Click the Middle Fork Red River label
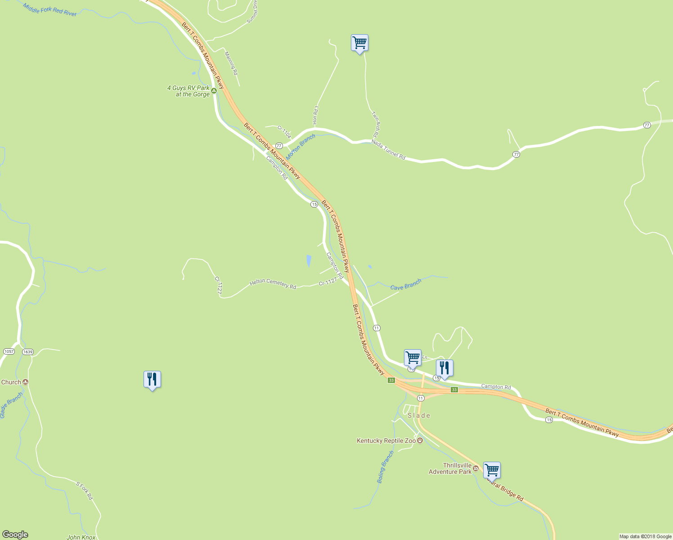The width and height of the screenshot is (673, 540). click(49, 9)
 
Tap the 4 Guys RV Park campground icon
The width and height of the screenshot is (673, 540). click(214, 90)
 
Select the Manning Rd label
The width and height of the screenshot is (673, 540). click(231, 63)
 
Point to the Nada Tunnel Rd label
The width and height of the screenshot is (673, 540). click(388, 149)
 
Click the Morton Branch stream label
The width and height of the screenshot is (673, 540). click(301, 146)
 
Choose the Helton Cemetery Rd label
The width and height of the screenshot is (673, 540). click(273, 283)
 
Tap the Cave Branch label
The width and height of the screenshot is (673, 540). click(405, 284)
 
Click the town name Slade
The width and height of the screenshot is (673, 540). click(419, 415)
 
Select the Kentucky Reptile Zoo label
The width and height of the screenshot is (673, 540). click(386, 441)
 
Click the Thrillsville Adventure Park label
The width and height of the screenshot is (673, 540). click(450, 468)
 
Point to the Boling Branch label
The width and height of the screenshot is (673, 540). click(385, 467)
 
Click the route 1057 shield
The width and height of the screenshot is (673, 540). click(9, 351)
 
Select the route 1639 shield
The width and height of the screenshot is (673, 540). click(28, 351)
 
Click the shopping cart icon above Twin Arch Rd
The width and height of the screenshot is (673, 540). click(359, 43)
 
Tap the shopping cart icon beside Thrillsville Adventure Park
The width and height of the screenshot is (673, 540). click(492, 470)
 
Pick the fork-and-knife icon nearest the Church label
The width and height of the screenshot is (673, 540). click(152, 379)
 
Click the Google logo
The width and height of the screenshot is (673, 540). click(15, 535)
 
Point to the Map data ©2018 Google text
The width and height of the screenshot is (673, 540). click(645, 536)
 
